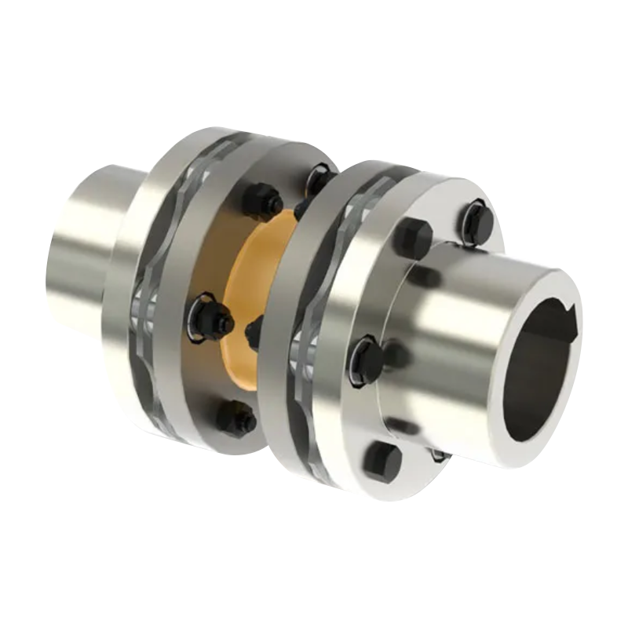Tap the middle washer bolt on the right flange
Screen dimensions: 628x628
click(x=366, y=360)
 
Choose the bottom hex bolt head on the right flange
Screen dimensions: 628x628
click(x=382, y=461)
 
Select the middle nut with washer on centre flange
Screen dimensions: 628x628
click(x=210, y=318)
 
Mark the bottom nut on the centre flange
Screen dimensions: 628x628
click(x=235, y=418)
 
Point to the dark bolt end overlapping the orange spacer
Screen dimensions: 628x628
click(x=254, y=333)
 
